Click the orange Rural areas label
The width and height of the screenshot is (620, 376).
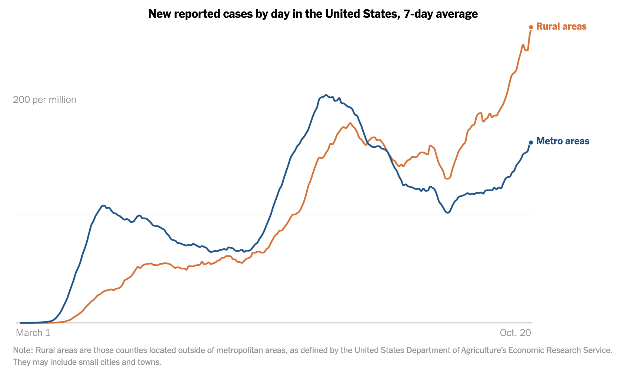tap(561, 27)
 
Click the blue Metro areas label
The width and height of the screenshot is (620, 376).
tap(563, 141)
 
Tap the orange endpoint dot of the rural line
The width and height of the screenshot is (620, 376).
tap(531, 27)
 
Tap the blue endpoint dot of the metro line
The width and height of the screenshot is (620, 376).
tap(531, 142)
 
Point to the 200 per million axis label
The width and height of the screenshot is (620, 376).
tap(44, 100)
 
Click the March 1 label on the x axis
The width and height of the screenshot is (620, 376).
tap(33, 333)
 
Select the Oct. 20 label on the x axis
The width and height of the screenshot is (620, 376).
tap(515, 333)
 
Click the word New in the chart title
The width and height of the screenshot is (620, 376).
tap(159, 14)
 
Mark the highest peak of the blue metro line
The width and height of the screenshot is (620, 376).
tap(326, 95)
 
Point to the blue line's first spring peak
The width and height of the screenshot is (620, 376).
tap(104, 205)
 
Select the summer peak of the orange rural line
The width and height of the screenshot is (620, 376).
tap(350, 123)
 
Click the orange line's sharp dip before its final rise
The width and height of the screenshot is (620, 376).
tap(447, 179)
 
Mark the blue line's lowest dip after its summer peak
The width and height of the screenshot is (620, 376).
tap(448, 213)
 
